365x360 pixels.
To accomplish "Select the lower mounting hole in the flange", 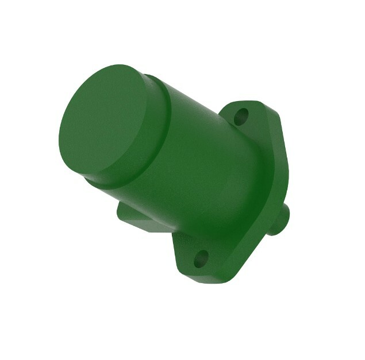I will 200,260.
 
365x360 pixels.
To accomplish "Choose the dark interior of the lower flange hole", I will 200,260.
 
